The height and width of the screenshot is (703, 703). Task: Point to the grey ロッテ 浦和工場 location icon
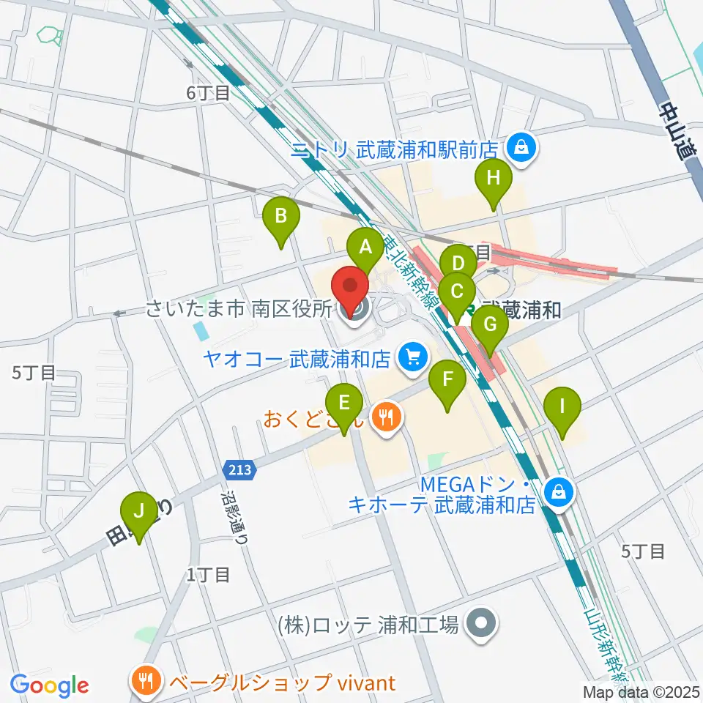pyautogui.click(x=480, y=624)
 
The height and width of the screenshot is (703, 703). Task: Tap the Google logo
pyautogui.click(x=49, y=685)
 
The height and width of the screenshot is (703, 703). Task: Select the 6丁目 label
pyautogui.click(x=208, y=92)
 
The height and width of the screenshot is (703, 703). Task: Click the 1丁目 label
pyautogui.click(x=209, y=574)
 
